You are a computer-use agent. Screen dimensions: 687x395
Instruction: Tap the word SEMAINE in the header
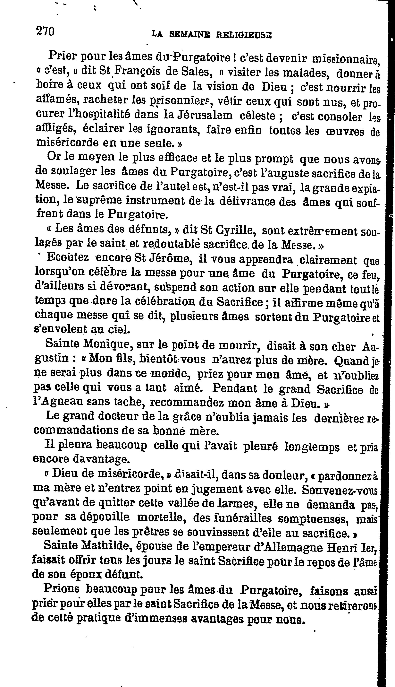pos(191,34)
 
